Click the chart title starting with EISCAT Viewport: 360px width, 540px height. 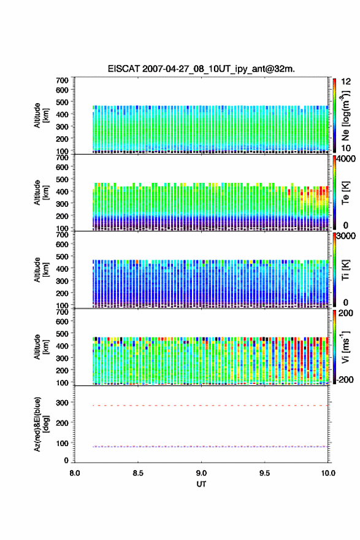tap(201, 69)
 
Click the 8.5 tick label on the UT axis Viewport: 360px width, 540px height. tap(138, 473)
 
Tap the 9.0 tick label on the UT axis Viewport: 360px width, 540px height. tap(201, 473)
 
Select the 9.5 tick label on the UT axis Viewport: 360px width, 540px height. tap(265, 473)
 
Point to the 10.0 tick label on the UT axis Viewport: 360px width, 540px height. tap(328, 473)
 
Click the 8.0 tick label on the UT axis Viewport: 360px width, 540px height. tap(75, 473)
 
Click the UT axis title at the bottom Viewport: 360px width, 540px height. tap(201, 484)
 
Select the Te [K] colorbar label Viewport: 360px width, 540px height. tap(345, 193)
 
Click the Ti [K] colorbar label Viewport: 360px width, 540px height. tap(345, 270)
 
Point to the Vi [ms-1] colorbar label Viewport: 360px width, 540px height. tap(345, 347)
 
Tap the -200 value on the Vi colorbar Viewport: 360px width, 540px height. tap(345, 379)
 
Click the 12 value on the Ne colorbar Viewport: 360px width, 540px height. tap(346, 82)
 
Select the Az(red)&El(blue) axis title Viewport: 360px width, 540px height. tap(41, 424)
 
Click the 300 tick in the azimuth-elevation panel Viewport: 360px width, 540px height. tap(63, 403)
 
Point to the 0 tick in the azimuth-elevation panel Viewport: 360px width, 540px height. tap(66, 460)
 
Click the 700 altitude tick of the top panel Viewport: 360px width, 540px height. tap(63, 80)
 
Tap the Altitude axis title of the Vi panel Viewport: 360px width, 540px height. tap(41, 347)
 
